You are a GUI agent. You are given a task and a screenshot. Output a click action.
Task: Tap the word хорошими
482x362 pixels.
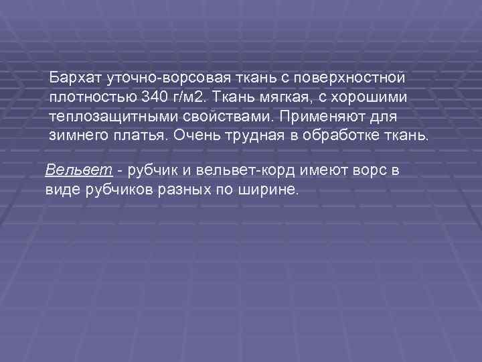point(373,97)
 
